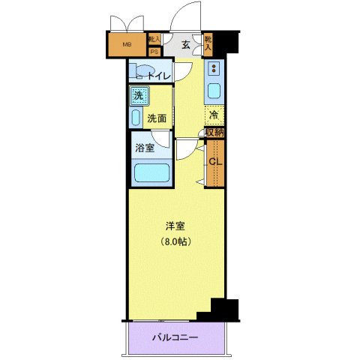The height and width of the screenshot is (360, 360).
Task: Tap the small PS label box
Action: pyautogui.click(x=154, y=52)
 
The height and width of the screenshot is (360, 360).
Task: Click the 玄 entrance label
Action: pyautogui.click(x=183, y=43)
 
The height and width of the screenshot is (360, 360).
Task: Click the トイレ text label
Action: pyautogui.click(x=159, y=76)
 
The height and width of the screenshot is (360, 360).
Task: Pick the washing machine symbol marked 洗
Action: pyautogui.click(x=138, y=95)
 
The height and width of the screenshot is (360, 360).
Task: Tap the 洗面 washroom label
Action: pyautogui.click(x=157, y=118)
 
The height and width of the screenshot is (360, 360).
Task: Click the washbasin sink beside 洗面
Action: pyautogui.click(x=136, y=117)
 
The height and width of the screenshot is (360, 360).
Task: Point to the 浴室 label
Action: pyautogui.click(x=145, y=148)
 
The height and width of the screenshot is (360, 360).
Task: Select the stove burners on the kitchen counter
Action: pyautogui.click(x=213, y=70)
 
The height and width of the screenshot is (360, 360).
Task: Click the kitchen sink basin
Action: pyautogui.click(x=213, y=93)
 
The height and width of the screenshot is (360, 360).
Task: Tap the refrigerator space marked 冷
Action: pyautogui.click(x=214, y=115)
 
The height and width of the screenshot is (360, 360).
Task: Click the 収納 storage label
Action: pyautogui.click(x=214, y=133)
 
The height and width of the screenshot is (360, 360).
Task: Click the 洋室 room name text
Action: pyautogui.click(x=175, y=226)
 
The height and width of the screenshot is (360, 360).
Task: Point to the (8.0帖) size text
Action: pyautogui.click(x=175, y=241)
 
